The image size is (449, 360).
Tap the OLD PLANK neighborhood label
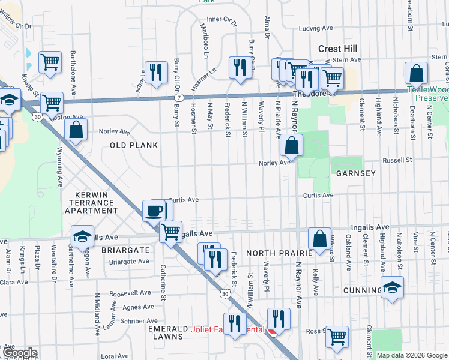pyautogui.click(x=134, y=145)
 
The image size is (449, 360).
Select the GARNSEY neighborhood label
pyautogui.click(x=356, y=173)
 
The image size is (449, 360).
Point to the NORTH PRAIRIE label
pyautogui.click(x=278, y=253)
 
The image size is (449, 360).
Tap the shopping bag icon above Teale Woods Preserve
pyautogui.click(x=416, y=74)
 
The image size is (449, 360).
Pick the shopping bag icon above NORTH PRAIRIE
pyautogui.click(x=320, y=238)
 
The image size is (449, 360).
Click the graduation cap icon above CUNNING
pyautogui.click(x=392, y=288)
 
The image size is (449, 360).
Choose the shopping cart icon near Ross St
pyautogui.click(x=337, y=337)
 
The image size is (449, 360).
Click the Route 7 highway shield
pyautogui.click(x=179, y=97)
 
